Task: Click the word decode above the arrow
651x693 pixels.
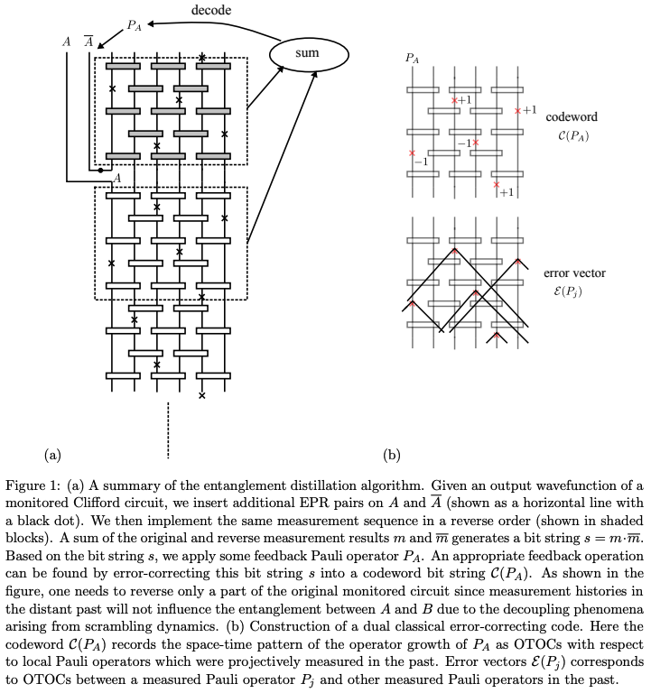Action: tap(210, 9)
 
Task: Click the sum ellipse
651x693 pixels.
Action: tap(307, 54)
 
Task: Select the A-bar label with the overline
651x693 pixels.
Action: tap(88, 42)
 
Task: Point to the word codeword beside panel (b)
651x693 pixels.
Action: tap(571, 117)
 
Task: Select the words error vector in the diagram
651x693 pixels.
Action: tap(574, 273)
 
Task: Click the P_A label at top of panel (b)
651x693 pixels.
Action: tap(412, 59)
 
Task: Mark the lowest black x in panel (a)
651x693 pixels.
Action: tap(201, 395)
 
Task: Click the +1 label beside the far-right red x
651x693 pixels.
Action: tap(530, 110)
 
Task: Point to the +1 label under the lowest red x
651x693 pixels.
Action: tap(506, 192)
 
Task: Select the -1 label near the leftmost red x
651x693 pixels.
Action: tap(419, 162)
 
